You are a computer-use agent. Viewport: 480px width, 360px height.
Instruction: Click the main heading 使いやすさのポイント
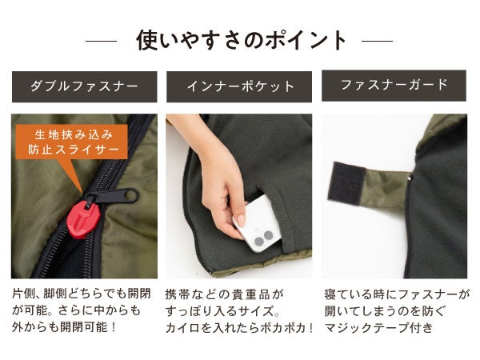click(242, 40)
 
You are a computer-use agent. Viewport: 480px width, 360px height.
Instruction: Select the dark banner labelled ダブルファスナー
click(85, 86)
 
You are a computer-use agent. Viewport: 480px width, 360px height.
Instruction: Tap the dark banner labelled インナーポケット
click(239, 86)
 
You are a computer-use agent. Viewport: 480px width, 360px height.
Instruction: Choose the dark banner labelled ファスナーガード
click(394, 86)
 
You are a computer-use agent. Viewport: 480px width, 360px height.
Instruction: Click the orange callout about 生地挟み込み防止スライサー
click(72, 142)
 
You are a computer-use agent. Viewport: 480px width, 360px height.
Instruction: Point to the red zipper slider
click(83, 218)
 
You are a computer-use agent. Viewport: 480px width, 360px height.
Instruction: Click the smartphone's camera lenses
click(263, 238)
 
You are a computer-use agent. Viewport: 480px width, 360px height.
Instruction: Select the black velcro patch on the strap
click(346, 183)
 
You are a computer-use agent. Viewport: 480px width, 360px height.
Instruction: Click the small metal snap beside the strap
click(411, 178)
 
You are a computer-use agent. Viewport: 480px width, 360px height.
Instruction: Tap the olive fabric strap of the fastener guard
click(386, 186)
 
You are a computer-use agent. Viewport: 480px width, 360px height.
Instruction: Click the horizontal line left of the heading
click(101, 41)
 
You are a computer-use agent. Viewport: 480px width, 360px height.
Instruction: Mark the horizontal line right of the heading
click(377, 41)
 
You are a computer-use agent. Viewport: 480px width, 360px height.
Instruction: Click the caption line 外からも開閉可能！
click(64, 327)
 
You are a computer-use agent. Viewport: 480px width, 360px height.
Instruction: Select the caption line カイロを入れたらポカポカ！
click(239, 328)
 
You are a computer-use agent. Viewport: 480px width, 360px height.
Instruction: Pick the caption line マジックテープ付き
click(378, 327)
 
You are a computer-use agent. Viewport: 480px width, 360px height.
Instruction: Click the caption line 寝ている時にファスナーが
click(397, 294)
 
